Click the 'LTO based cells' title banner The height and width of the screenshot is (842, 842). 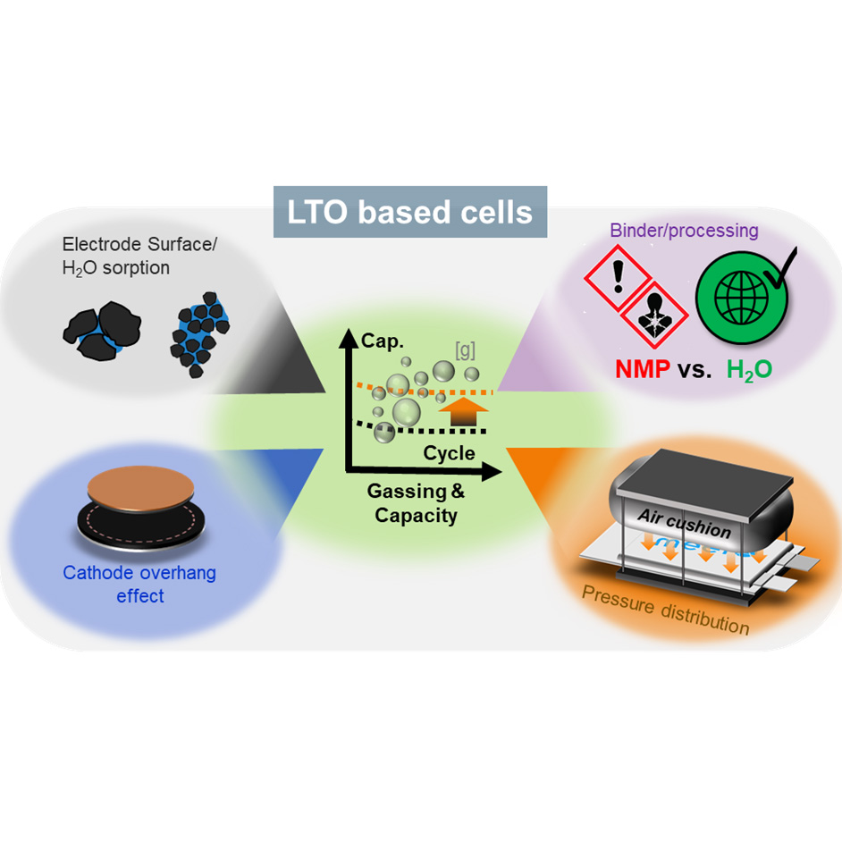pyautogui.click(x=410, y=213)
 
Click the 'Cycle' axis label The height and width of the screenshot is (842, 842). pyautogui.click(x=449, y=453)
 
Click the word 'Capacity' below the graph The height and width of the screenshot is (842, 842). pyautogui.click(x=416, y=515)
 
